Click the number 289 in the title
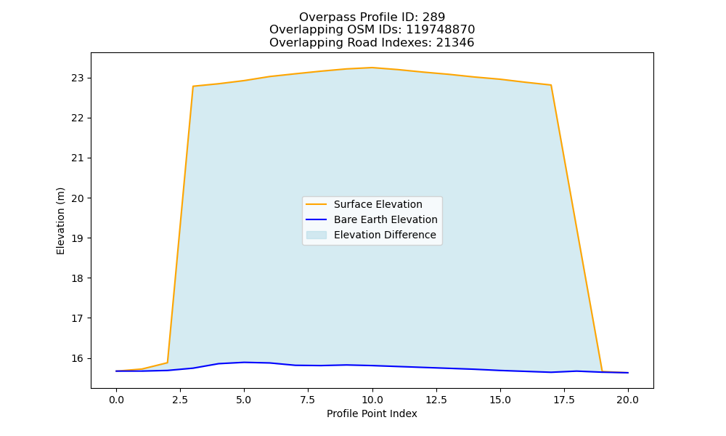[x=433, y=17]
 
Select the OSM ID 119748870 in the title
[x=441, y=30]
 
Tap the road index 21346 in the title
[x=455, y=43]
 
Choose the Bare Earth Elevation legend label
[x=386, y=219]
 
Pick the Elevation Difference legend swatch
[x=317, y=235]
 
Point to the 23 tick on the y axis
[x=78, y=78]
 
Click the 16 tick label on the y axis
[x=78, y=359]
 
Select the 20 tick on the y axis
[x=78, y=198]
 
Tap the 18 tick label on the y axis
[x=78, y=278]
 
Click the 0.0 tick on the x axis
[x=116, y=400]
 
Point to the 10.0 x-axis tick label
[x=372, y=400]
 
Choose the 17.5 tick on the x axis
[x=564, y=400]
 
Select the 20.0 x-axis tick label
[x=628, y=400]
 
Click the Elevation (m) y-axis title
[x=61, y=221]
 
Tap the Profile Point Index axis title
[x=372, y=413]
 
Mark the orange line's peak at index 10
[x=372, y=68]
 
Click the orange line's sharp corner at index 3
[x=193, y=86]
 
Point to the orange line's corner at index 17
[x=551, y=85]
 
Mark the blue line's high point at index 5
[x=244, y=363]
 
